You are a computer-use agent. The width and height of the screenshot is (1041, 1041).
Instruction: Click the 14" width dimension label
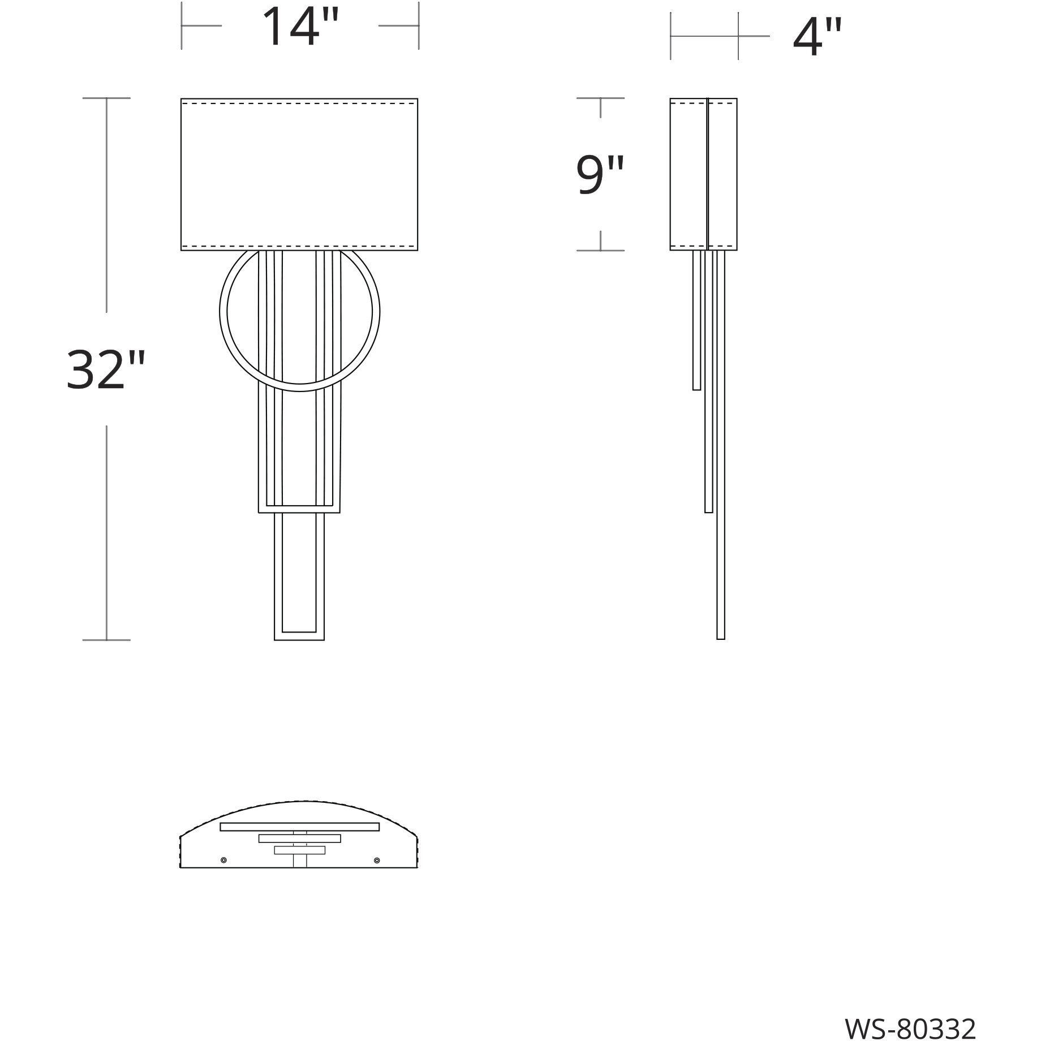click(x=300, y=26)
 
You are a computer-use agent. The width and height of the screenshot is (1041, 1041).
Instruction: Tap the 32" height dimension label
click(x=106, y=369)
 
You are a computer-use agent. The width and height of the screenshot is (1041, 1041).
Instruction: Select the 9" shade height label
click(x=600, y=174)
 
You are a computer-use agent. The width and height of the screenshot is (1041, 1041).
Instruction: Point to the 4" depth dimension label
click(x=818, y=37)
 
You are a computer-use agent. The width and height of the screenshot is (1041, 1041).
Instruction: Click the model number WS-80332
click(x=911, y=1013)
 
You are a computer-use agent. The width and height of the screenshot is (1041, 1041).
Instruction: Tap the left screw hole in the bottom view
click(x=223, y=860)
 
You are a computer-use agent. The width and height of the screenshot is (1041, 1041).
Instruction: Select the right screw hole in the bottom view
click(x=377, y=860)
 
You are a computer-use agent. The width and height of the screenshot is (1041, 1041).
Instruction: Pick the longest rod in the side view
click(x=721, y=445)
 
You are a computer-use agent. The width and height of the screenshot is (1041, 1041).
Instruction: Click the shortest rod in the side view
click(x=697, y=320)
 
